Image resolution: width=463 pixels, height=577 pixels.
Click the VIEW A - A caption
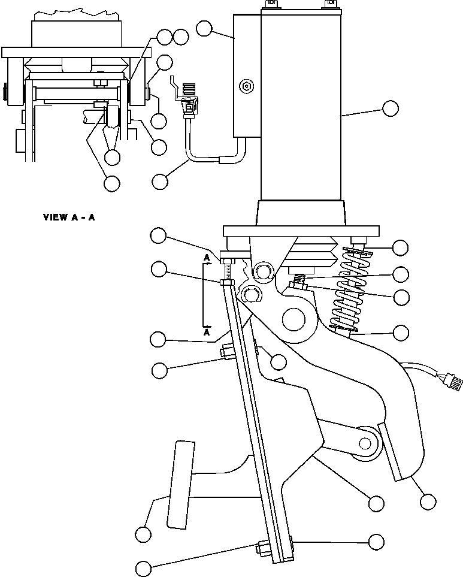point(69,217)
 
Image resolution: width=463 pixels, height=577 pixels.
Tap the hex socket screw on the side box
point(246,87)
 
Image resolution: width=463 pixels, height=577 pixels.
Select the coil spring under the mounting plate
point(348,288)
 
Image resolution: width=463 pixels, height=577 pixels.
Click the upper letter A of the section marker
point(207,257)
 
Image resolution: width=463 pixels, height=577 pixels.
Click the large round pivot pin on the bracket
point(296,320)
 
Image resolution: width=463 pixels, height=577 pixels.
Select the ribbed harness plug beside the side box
point(191,96)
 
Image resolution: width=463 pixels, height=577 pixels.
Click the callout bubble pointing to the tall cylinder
point(390,108)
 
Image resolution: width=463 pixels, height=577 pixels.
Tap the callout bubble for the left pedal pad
point(143,533)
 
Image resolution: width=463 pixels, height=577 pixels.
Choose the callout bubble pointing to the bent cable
point(160,180)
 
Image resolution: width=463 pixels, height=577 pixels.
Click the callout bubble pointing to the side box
point(205,28)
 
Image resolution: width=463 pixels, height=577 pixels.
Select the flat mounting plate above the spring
point(301,231)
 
